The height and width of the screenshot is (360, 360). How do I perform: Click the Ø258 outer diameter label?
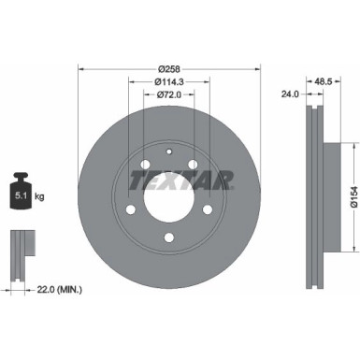coord(168,68)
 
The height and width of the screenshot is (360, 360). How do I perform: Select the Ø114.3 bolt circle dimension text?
coord(168,81)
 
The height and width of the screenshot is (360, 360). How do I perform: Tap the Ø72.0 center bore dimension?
coord(168,94)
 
